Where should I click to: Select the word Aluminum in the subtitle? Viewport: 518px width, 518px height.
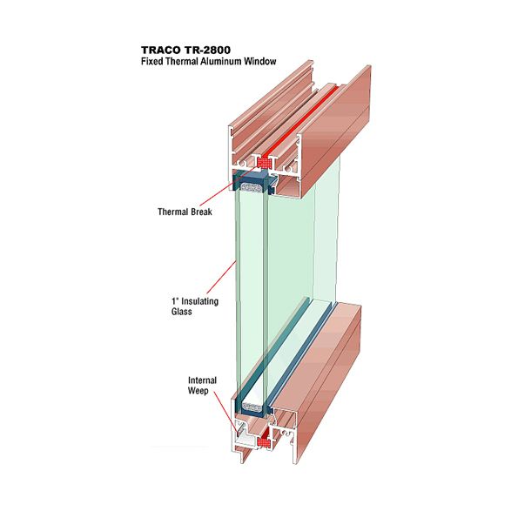point(221,62)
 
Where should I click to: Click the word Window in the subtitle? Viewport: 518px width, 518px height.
point(260,62)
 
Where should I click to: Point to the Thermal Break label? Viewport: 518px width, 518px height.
point(185,212)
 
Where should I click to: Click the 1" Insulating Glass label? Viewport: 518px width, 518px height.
point(195,306)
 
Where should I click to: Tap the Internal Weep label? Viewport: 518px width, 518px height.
point(202,386)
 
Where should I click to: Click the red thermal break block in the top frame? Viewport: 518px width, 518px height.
point(265,163)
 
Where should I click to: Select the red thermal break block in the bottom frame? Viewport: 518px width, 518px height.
point(264,441)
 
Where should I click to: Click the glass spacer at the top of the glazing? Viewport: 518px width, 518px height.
point(252,188)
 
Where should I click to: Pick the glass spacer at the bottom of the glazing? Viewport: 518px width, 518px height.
point(252,407)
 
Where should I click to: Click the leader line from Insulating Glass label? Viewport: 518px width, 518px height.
point(221,277)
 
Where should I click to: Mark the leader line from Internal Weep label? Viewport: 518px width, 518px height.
point(225,412)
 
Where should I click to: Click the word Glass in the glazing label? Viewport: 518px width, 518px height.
point(181,311)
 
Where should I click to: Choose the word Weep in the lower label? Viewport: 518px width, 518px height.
point(198,391)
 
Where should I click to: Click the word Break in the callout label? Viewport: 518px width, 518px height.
point(201,212)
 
